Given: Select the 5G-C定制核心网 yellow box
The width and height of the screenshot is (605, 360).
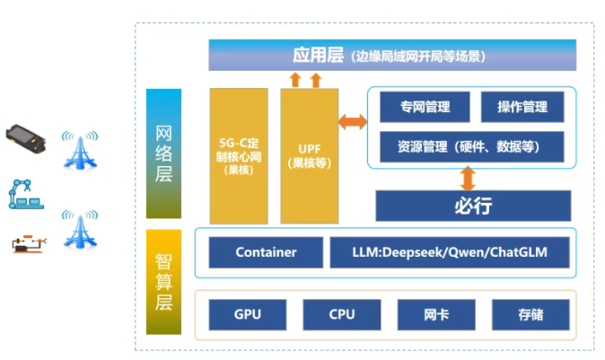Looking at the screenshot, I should click(239, 155).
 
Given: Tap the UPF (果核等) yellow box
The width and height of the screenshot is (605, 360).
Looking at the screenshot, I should click(309, 155).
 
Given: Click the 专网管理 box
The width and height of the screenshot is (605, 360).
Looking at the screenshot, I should click(425, 107).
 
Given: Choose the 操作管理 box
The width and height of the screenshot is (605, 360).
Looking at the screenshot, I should click(522, 107).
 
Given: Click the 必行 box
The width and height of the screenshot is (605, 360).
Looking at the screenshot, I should click(473, 206).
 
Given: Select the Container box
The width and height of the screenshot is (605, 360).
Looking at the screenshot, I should click(266, 252).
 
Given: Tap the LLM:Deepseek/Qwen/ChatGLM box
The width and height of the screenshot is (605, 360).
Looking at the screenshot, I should click(450, 252).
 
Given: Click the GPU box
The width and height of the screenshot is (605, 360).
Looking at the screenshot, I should click(248, 314).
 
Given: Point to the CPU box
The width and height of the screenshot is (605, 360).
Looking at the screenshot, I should click(342, 314).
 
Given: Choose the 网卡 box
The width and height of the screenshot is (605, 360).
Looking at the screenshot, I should click(435, 314).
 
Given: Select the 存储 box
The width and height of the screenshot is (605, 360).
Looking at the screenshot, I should click(530, 314).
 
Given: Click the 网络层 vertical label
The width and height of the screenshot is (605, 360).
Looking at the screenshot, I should click(163, 154).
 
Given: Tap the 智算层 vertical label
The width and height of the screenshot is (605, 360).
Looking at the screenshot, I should click(163, 281).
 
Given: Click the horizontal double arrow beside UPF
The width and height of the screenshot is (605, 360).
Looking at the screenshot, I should click(352, 120).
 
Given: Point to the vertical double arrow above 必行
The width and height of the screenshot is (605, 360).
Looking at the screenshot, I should click(467, 178).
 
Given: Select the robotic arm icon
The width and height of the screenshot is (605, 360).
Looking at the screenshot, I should click(22, 193).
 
